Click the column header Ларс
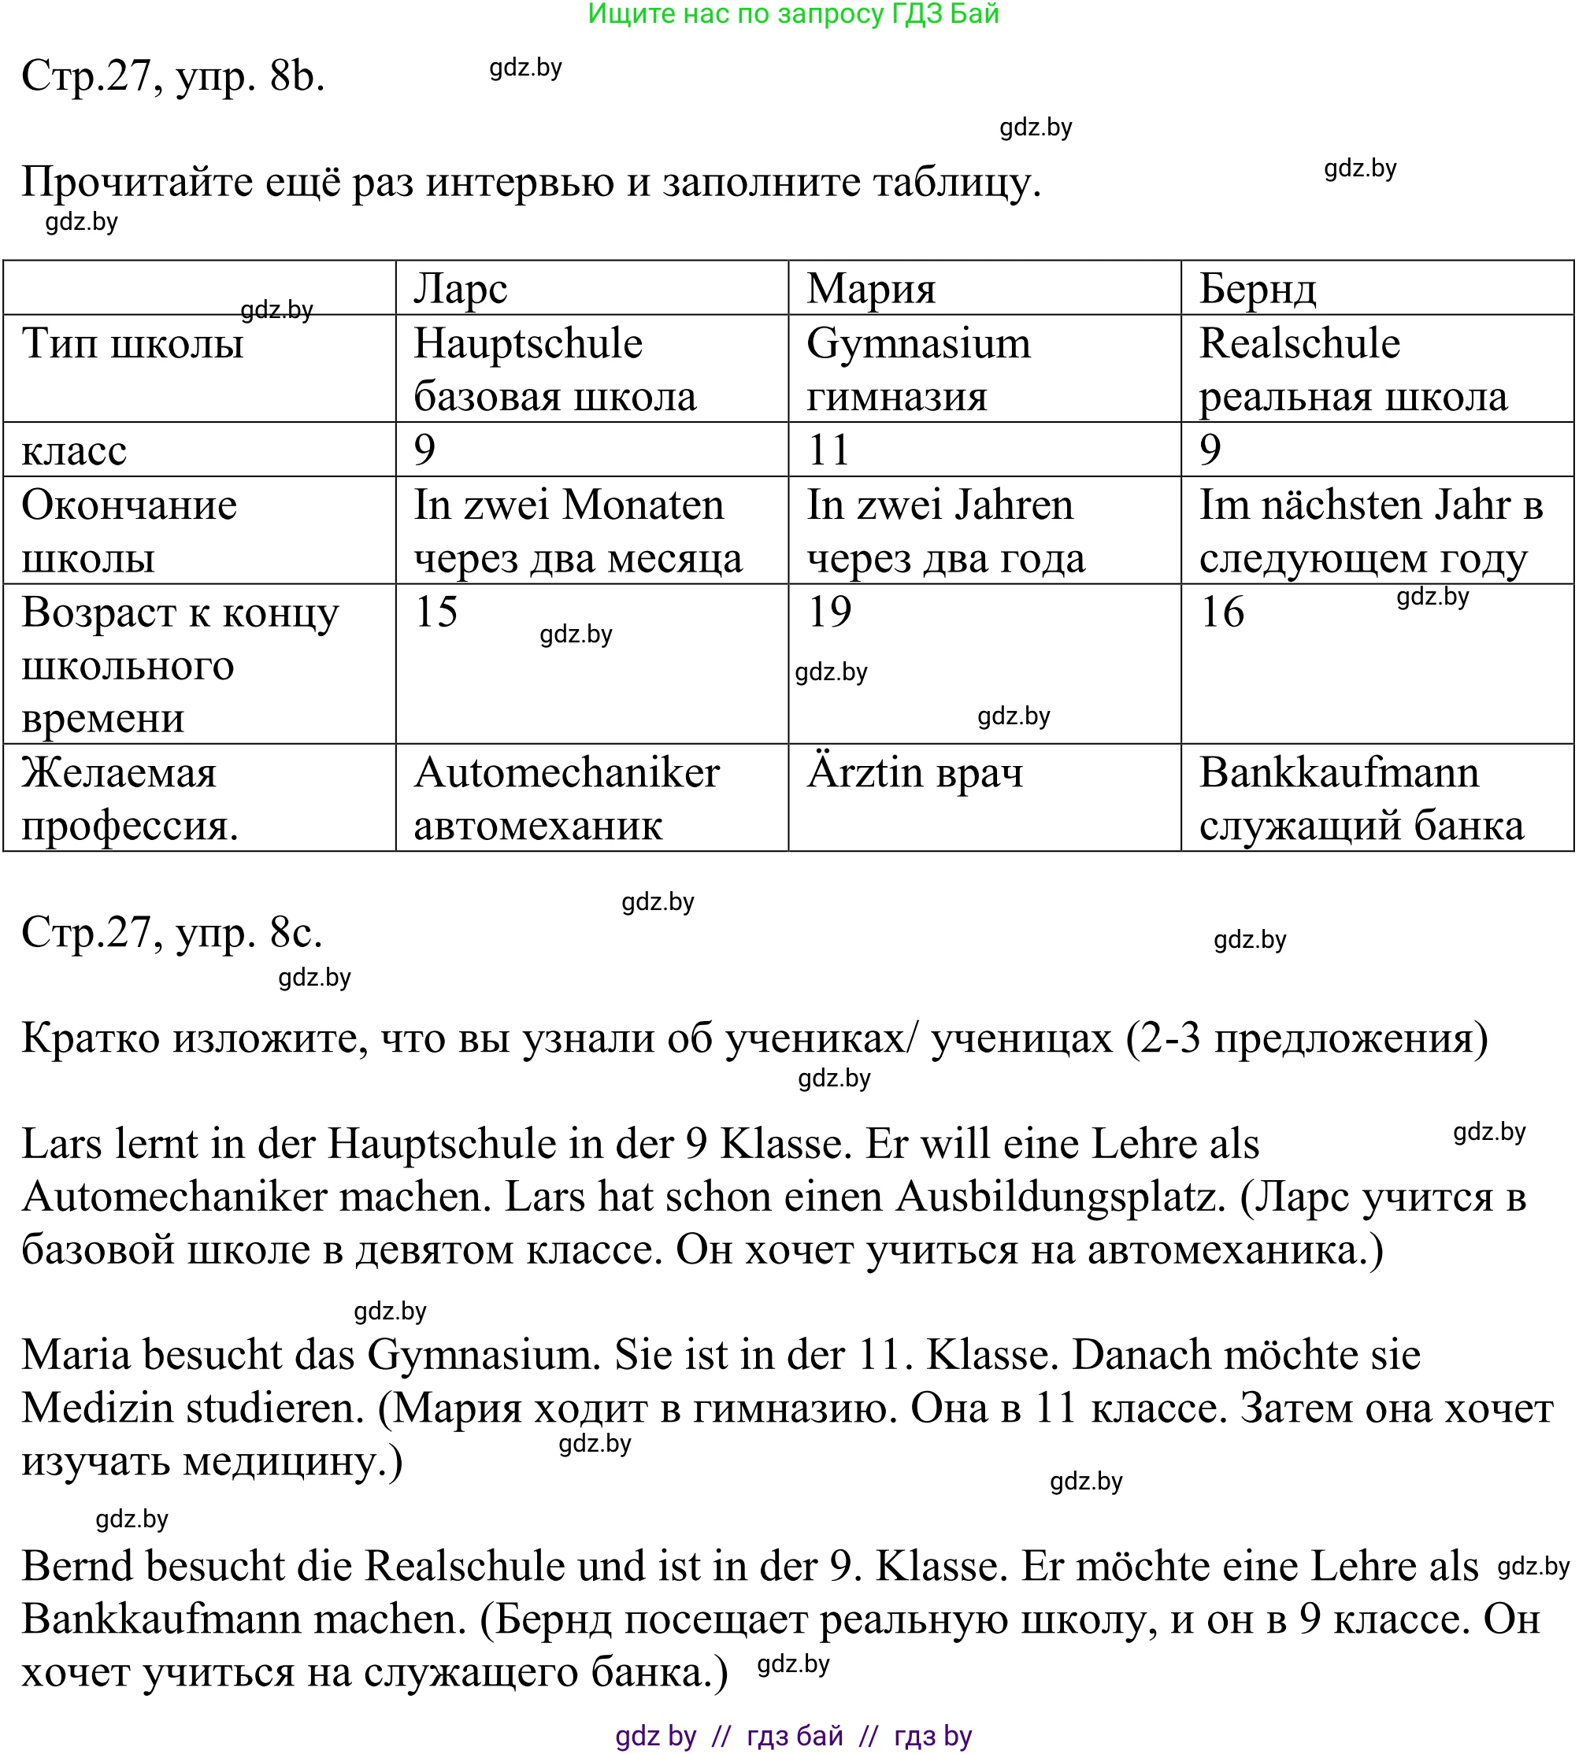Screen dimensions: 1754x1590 tap(461, 289)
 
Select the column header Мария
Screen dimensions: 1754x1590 tap(870, 289)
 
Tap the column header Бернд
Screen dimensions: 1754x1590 tap(1257, 289)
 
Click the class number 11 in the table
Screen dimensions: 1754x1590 tap(828, 450)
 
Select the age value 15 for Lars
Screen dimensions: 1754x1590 tap(436, 612)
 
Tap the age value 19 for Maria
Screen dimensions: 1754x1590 tap(829, 612)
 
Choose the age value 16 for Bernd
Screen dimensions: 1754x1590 tap(1222, 612)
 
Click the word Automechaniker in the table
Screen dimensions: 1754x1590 tap(566, 772)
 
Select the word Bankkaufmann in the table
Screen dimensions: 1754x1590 tap(1339, 772)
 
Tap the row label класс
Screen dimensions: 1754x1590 tap(74, 450)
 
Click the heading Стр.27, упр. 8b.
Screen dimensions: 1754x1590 tap(173, 76)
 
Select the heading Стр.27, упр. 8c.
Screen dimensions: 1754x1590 tap(172, 933)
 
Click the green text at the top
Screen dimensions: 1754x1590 tap(793, 14)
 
